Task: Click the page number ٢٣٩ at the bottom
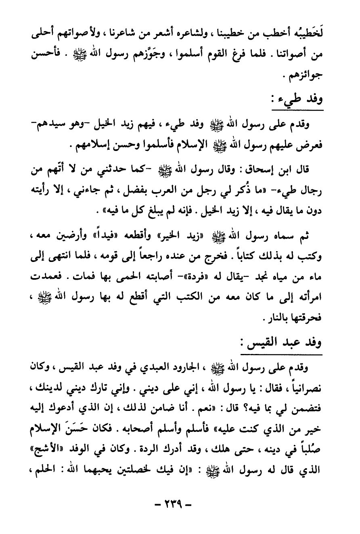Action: (180, 505)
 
